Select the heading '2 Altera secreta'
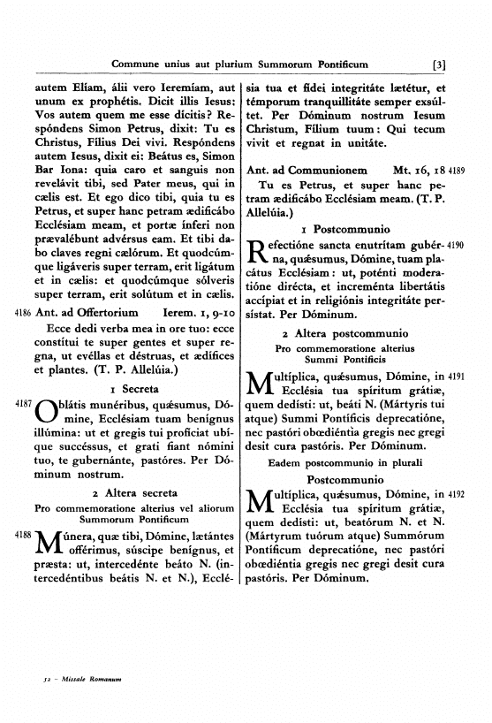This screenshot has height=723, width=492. point(132,492)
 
